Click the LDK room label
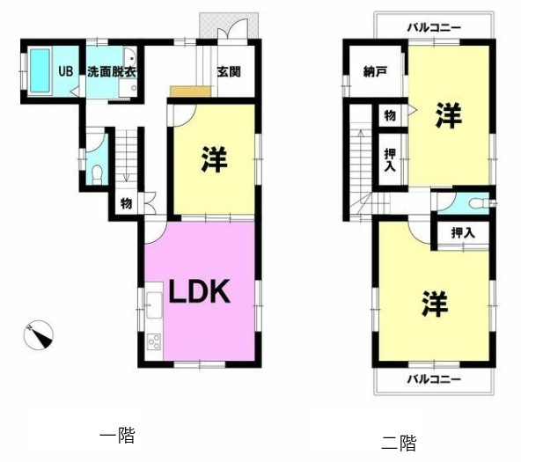[200, 291]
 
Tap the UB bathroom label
[66, 72]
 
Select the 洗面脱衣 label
[112, 72]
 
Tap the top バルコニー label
[434, 28]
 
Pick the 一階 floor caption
[118, 434]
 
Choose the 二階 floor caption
[399, 442]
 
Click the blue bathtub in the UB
[40, 70]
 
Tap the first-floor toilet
[98, 171]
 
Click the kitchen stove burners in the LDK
[152, 341]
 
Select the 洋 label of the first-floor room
[214, 160]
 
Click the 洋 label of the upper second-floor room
[449, 114]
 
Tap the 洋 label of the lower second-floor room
[434, 304]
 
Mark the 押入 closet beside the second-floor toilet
[462, 233]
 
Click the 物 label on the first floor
[127, 204]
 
